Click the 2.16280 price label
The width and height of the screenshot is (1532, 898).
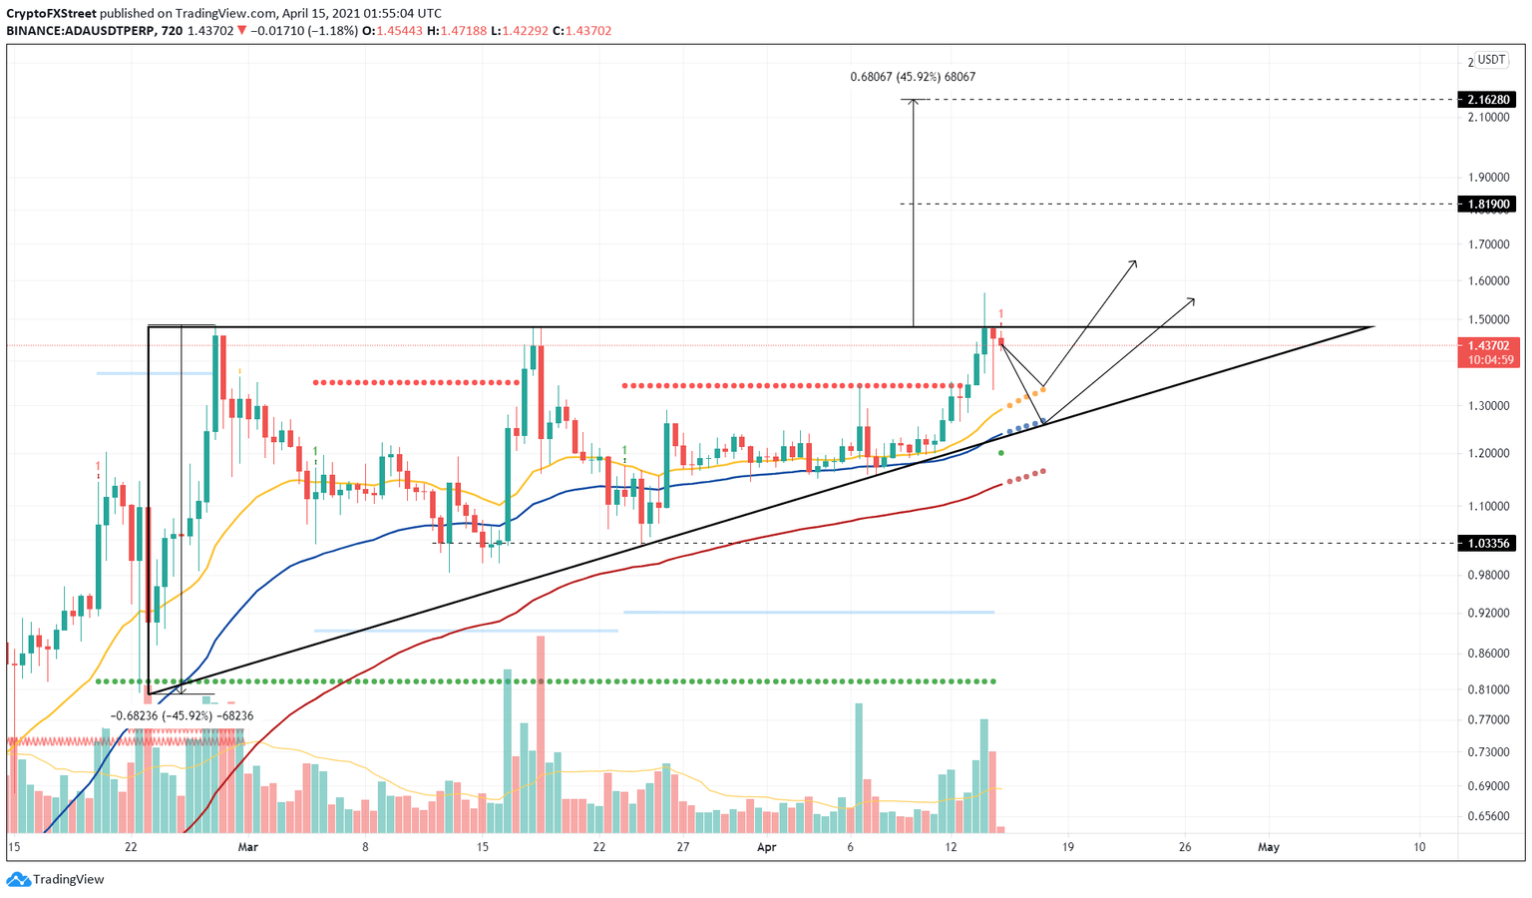tap(1486, 100)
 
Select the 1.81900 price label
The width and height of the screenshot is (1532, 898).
tap(1486, 205)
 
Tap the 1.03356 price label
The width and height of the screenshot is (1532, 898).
tap(1486, 544)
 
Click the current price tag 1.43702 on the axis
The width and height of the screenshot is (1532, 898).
tap(1486, 345)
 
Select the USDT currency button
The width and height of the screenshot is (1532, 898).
tap(1491, 60)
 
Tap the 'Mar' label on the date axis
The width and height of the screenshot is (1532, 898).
tap(248, 847)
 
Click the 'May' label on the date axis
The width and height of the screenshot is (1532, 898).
tap(1268, 847)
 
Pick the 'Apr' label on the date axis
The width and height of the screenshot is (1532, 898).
tap(766, 847)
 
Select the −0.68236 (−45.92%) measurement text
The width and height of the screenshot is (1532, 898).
tap(182, 715)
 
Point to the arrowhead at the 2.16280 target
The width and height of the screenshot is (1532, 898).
tap(913, 102)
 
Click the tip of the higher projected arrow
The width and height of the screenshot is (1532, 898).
tap(1136, 261)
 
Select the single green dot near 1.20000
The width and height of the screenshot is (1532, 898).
tap(1001, 453)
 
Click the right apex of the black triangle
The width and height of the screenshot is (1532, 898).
tap(1373, 326)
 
